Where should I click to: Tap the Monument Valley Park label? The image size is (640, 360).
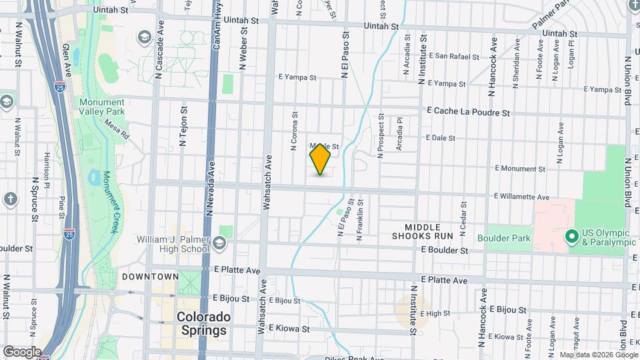[x=102, y=107]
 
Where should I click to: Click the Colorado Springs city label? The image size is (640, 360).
[x=203, y=323]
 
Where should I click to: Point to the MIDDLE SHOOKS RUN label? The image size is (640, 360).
[x=423, y=232]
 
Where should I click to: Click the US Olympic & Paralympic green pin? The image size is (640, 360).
[x=571, y=236]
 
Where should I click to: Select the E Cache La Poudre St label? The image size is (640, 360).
[x=468, y=113]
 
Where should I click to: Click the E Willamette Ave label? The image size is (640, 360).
[x=522, y=197]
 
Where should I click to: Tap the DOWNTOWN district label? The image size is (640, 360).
[x=150, y=277]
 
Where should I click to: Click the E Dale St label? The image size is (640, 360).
[x=441, y=139]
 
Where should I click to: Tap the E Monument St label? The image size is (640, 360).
[x=520, y=169]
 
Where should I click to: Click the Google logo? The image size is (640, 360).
[x=21, y=352]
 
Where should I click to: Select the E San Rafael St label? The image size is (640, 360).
[x=455, y=57]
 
